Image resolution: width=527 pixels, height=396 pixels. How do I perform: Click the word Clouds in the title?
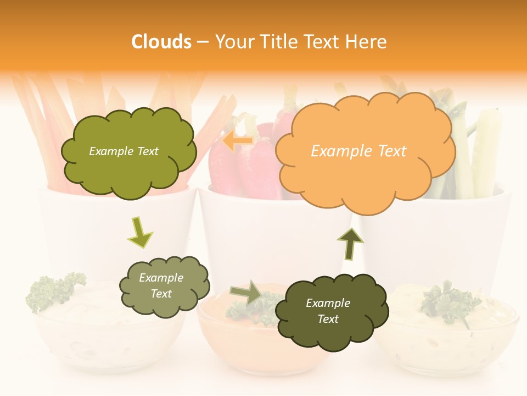[161, 42]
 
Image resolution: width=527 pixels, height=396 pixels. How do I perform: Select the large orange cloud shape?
[365, 176]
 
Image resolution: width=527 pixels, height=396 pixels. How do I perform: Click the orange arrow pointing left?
[238, 141]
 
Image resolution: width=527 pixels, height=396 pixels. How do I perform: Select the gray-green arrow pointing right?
[246, 293]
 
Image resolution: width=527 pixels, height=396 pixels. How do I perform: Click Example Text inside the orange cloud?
[358, 151]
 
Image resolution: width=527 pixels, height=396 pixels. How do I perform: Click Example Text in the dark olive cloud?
[328, 311]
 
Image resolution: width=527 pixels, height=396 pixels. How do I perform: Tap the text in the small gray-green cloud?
[161, 286]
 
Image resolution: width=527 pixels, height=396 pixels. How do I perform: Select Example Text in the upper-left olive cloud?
[124, 151]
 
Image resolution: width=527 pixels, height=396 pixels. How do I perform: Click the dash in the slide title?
[203, 42]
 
